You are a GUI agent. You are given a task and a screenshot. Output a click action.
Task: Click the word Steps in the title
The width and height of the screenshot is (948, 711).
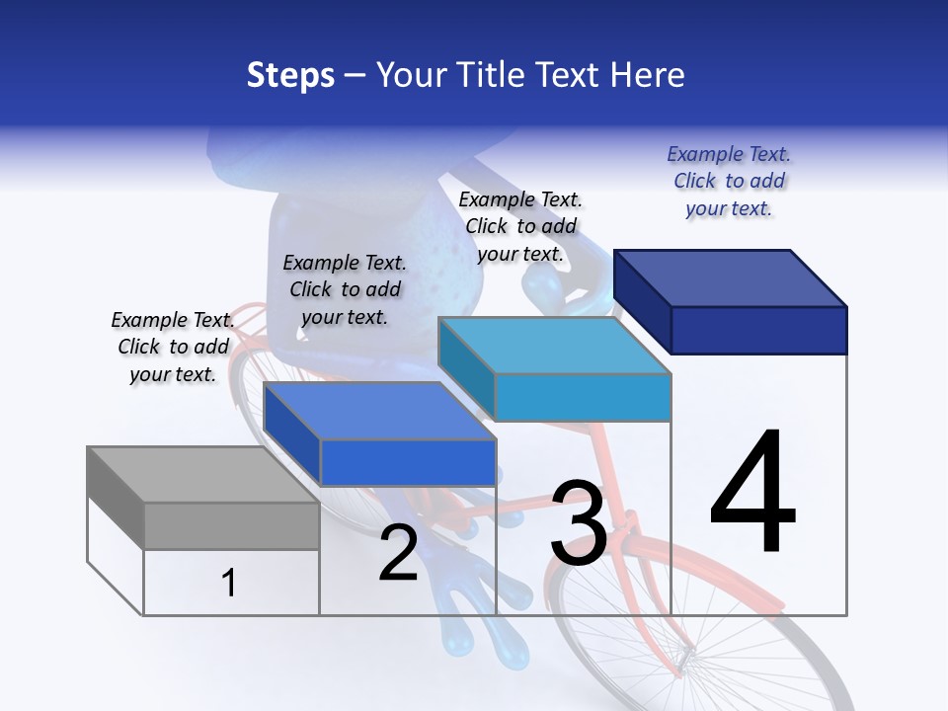coord(290,76)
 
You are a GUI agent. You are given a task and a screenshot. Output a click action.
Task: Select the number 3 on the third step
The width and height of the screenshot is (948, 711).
coord(579,523)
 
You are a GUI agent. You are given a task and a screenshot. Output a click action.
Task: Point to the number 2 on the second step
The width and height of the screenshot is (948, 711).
coord(398,553)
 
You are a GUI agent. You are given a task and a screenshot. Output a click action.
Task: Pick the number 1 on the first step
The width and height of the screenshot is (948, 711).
coord(228,584)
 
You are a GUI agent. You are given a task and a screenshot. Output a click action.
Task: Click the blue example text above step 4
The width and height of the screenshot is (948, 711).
coord(729,181)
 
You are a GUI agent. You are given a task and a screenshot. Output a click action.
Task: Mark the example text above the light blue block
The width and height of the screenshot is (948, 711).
coord(520,226)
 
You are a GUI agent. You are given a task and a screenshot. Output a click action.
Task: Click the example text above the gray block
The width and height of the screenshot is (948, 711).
coord(173,347)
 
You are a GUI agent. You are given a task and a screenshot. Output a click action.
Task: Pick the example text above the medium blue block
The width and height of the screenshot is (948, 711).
coord(344,289)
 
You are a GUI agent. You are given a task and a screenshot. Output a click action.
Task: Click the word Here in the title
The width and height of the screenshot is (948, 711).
coord(650,75)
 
